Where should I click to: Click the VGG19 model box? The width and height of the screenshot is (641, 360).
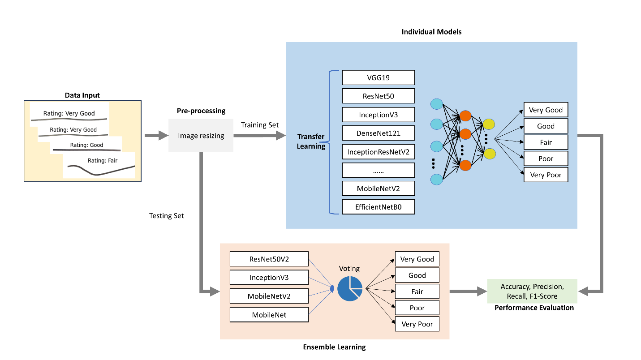click(x=378, y=77)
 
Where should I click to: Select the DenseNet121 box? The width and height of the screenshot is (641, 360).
click(x=378, y=133)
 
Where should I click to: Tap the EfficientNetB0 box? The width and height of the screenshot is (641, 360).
click(x=378, y=207)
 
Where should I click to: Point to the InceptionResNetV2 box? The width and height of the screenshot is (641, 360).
click(x=378, y=152)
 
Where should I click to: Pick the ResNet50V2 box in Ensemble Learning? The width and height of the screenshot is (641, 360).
click(x=269, y=259)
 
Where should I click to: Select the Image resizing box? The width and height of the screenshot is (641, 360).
click(x=201, y=135)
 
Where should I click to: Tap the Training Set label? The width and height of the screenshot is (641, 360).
click(x=260, y=125)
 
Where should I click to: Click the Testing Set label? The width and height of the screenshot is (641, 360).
click(x=167, y=216)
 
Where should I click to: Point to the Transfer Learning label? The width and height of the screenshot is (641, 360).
click(x=311, y=141)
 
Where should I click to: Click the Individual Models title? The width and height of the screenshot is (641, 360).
click(x=431, y=32)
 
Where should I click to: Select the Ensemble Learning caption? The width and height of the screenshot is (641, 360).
click(x=334, y=347)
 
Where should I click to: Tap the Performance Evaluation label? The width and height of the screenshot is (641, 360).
click(x=534, y=308)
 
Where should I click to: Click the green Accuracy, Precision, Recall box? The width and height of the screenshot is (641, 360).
click(x=532, y=291)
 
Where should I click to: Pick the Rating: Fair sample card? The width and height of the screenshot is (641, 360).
click(x=99, y=165)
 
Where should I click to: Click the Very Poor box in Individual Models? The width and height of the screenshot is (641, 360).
click(x=546, y=175)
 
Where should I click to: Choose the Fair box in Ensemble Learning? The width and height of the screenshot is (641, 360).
click(x=417, y=291)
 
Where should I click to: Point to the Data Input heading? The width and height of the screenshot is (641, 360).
click(x=82, y=95)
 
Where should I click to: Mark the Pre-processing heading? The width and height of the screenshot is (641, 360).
click(x=201, y=111)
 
